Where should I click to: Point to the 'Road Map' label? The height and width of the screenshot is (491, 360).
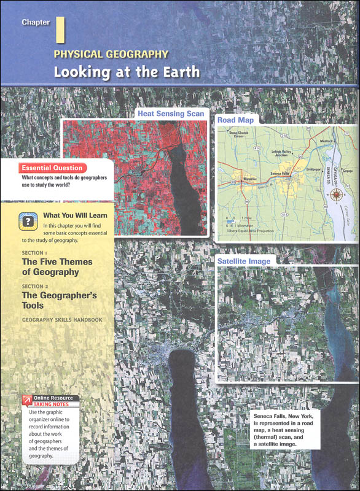(x=235, y=120)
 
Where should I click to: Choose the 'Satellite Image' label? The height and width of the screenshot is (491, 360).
(x=244, y=261)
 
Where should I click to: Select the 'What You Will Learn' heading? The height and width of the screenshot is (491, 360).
(x=75, y=215)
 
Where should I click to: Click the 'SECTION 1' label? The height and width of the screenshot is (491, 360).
(x=34, y=253)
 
